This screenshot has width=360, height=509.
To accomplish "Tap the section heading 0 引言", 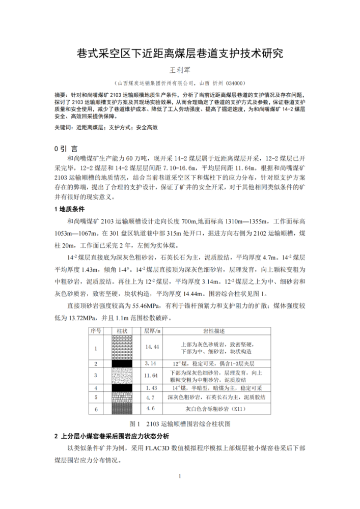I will point(66,149).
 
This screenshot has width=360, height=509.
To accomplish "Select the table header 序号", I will point(96,331).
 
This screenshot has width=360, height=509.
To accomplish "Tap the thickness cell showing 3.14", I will point(150,363).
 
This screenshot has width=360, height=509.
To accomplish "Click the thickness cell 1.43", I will point(150,388).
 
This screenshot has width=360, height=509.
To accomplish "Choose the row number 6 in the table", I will point(96,409).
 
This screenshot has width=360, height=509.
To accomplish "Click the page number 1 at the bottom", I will point(180,476).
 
